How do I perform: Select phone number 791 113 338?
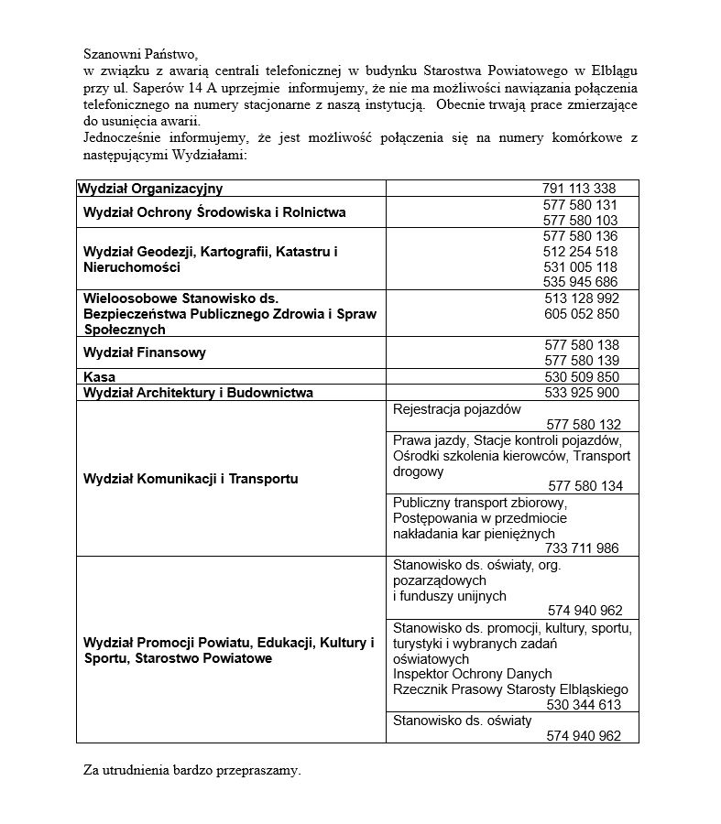(x=579, y=189)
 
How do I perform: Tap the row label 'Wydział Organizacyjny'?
(x=150, y=189)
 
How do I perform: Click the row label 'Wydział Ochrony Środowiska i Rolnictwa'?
(x=214, y=212)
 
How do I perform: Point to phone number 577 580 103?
(x=580, y=221)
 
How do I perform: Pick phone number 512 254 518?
(x=580, y=251)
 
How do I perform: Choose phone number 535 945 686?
(x=580, y=282)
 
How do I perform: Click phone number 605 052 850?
(x=581, y=314)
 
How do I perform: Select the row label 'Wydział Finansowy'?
(x=145, y=352)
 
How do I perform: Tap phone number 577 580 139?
(x=581, y=361)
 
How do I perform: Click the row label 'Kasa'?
(x=99, y=377)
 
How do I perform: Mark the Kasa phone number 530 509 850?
(x=581, y=377)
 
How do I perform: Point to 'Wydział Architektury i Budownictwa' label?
(x=198, y=393)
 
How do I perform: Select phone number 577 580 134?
(x=584, y=486)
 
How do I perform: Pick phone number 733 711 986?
(x=582, y=548)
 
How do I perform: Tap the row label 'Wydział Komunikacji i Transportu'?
(x=191, y=479)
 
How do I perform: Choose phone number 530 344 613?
(x=584, y=705)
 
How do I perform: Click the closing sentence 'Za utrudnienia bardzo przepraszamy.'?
(x=191, y=771)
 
